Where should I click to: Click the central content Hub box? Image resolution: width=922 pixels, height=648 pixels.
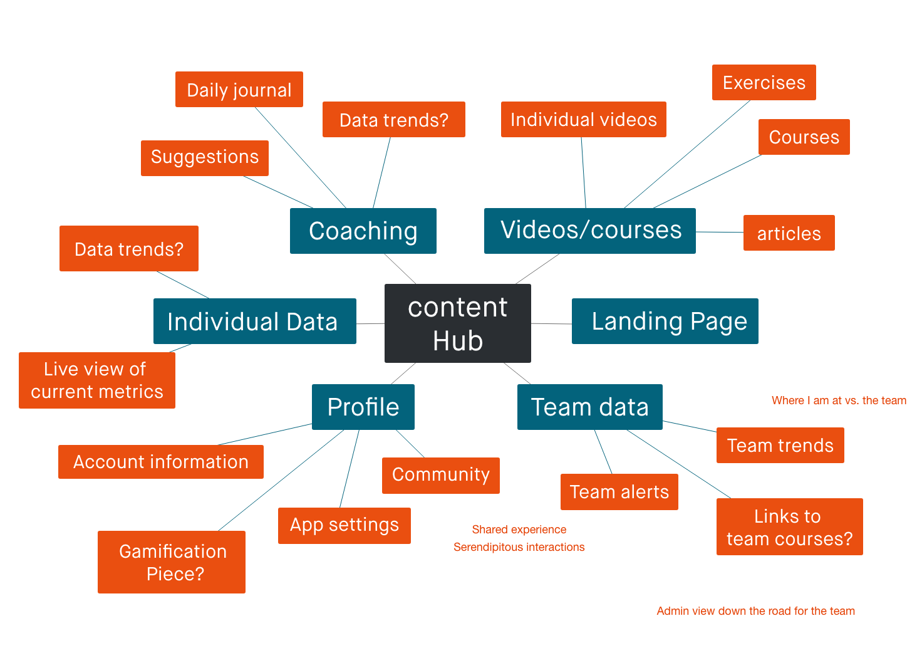tap(457, 323)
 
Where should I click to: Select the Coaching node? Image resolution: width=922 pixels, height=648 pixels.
tap(363, 231)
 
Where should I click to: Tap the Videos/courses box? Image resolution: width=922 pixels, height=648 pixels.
tap(590, 231)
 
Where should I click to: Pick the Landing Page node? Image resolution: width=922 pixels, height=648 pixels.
tap(665, 321)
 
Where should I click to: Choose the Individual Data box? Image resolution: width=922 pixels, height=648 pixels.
tap(255, 321)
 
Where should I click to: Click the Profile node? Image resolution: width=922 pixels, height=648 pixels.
tap(363, 407)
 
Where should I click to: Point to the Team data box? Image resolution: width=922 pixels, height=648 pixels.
tap(590, 407)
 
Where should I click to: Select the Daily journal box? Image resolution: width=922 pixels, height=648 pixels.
tap(239, 90)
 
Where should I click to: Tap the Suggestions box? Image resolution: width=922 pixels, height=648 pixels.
tap(205, 158)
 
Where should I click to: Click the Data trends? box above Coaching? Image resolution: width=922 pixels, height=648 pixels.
tap(394, 119)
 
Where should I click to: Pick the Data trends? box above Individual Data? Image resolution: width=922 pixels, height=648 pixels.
tap(129, 249)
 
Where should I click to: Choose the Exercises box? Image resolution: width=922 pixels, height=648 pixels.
tap(764, 82)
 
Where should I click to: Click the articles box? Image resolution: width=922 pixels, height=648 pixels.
tap(789, 233)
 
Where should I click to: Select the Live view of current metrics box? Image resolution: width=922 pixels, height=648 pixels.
tap(97, 380)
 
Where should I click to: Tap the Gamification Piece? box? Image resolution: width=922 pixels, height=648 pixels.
tap(172, 562)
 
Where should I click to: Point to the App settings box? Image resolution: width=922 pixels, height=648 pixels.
tap(344, 525)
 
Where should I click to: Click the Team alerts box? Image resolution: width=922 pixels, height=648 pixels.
tap(619, 492)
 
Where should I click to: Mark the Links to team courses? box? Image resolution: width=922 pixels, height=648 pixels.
tap(790, 526)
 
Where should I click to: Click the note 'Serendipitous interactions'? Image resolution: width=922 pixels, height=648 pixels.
tap(519, 547)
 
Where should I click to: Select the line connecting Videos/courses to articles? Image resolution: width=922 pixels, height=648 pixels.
tap(720, 232)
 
